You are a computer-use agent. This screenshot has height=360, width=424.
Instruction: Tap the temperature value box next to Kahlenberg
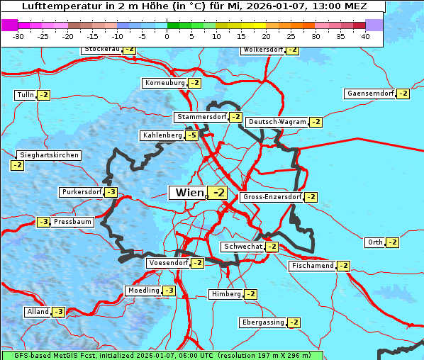191,135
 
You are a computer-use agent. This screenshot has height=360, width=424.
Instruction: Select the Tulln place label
25,95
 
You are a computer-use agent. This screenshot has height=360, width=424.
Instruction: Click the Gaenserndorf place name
369,94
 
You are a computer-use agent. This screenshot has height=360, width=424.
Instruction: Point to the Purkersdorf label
82,192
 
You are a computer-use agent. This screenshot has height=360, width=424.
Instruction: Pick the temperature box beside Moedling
169,291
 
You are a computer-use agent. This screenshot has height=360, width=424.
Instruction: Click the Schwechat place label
242,247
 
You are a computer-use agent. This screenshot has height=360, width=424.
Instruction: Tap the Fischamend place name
312,266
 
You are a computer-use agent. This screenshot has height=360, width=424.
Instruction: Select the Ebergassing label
262,322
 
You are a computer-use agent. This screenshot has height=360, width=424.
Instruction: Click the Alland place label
38,312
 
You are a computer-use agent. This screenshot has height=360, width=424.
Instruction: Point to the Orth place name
374,242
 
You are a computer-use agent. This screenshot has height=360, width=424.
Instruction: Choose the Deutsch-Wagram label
277,122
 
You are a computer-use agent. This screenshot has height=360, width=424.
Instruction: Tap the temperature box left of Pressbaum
44,222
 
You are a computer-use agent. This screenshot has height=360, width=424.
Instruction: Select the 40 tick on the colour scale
365,35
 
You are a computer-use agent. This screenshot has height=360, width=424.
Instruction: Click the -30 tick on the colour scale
18,35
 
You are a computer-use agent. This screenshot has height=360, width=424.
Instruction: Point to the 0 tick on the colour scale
167,35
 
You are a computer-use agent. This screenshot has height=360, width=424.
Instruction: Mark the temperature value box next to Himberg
250,294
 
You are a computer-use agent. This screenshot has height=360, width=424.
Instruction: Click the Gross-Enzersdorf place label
272,197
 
